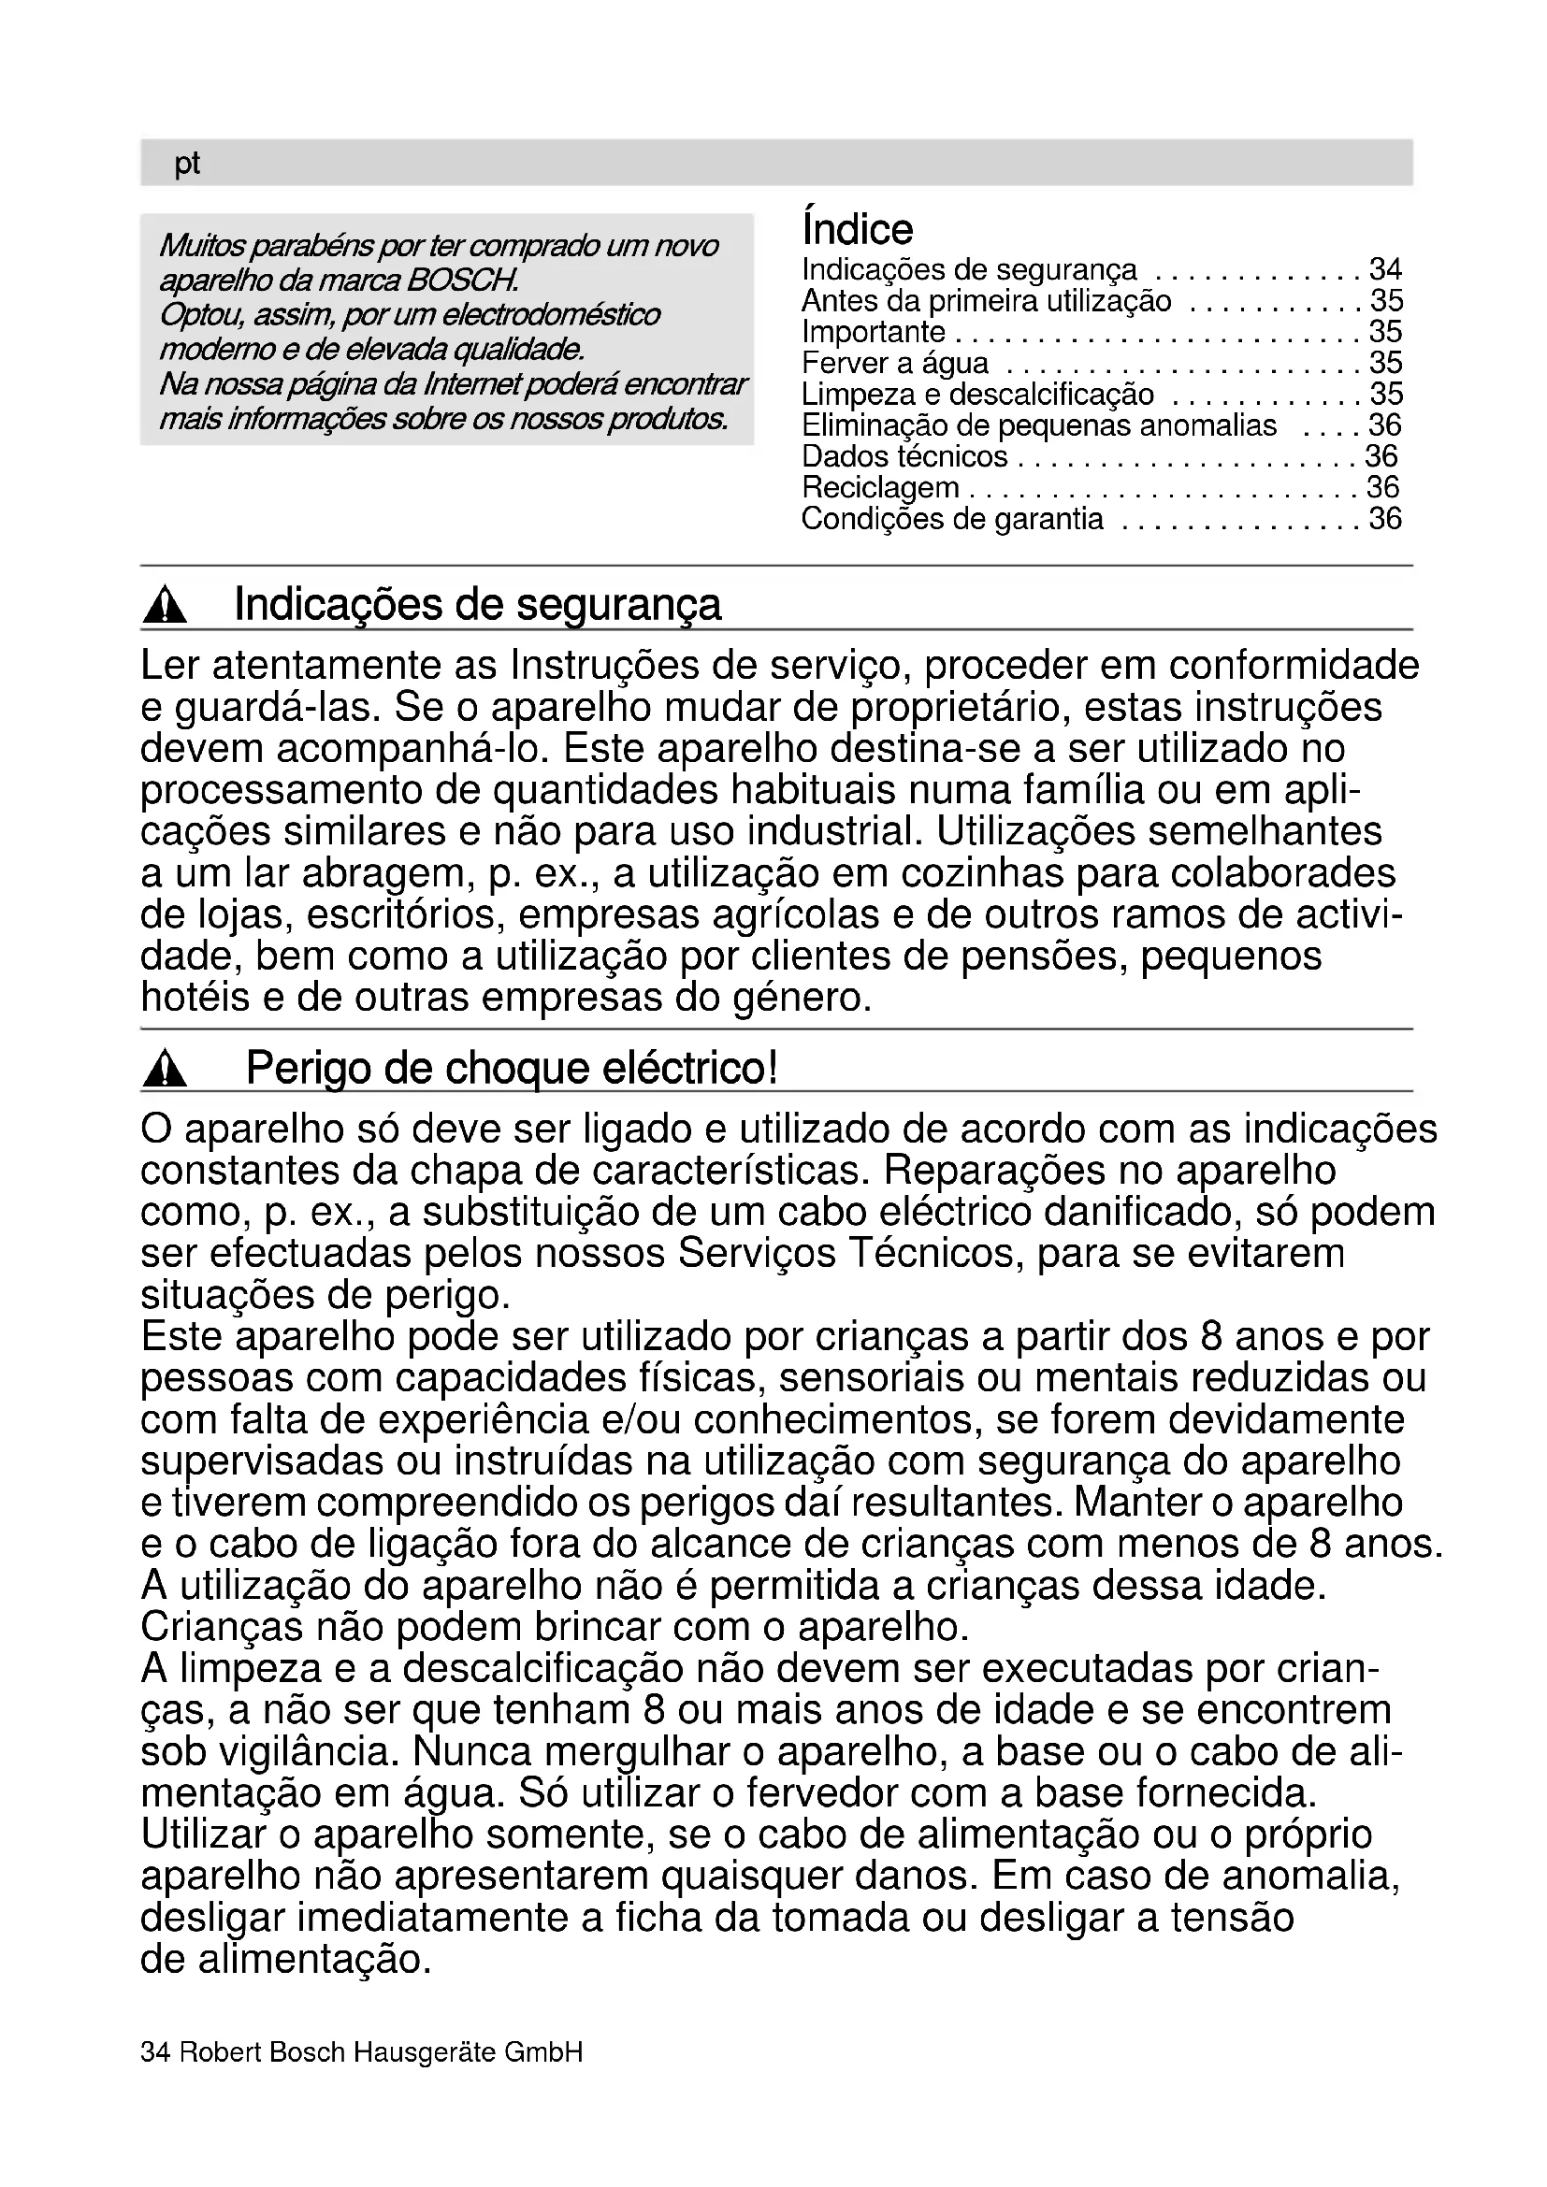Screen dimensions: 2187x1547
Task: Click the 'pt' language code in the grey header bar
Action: coord(187,164)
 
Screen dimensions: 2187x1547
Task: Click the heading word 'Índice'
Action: coord(858,228)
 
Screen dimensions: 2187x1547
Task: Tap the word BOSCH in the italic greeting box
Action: coord(463,281)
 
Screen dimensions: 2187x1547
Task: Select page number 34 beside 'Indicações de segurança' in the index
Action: coord(1385,269)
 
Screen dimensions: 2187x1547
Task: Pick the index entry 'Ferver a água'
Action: coord(894,363)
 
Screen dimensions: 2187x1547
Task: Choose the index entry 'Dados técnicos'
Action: coord(904,456)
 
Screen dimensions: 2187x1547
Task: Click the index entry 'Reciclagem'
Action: coord(880,488)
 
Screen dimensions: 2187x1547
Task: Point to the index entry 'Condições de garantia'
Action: coord(951,519)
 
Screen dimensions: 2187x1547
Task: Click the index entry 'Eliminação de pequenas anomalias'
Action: coord(1038,424)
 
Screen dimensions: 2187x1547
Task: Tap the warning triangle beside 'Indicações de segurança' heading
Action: coord(165,607)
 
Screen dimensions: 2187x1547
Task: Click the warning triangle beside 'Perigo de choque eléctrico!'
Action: coord(165,1071)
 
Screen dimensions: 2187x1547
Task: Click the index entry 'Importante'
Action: coord(874,332)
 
